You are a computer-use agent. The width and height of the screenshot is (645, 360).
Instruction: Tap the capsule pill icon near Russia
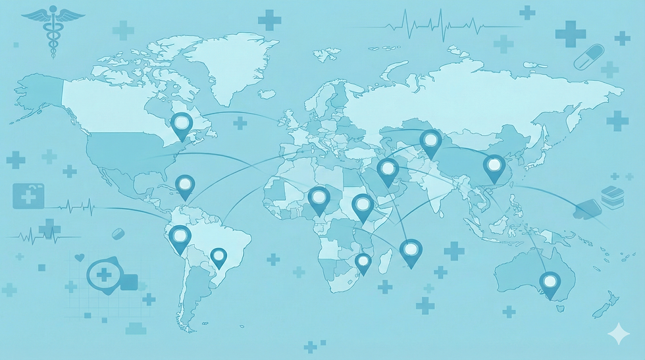click(588, 57)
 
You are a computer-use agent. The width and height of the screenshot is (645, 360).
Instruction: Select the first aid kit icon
click(28, 195)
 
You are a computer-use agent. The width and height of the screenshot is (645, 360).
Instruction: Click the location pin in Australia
click(550, 283)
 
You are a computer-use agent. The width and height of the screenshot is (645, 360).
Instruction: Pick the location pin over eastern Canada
click(181, 124)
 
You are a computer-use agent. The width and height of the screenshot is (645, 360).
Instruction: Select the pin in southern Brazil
click(218, 256)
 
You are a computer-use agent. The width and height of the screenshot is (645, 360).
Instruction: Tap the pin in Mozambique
click(363, 262)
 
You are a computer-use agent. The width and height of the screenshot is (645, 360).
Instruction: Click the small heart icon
click(80, 257)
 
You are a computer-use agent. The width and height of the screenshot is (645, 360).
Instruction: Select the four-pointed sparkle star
click(619, 334)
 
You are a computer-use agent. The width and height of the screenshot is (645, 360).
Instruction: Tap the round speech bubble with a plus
click(103, 274)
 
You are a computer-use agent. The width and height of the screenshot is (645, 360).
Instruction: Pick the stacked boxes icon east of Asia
click(611, 196)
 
